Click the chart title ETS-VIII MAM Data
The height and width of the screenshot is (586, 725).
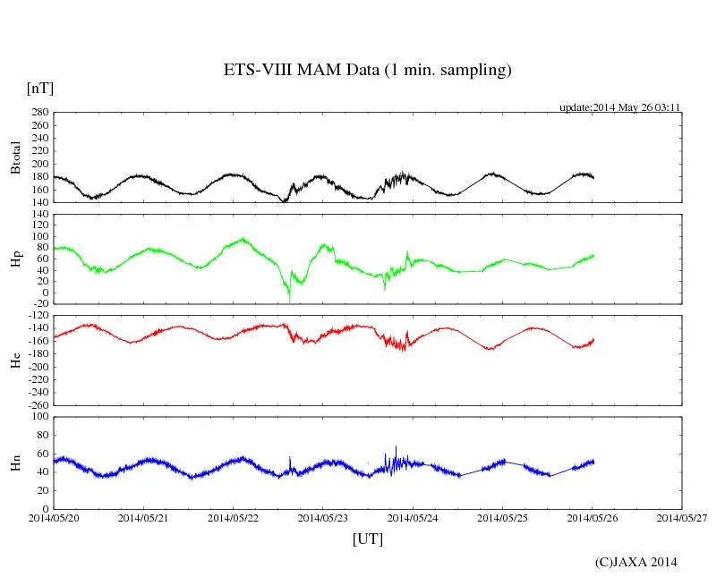pos(367,71)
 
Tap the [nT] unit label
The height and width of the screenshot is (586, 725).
pos(40,89)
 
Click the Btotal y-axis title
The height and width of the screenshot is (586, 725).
pos(15,157)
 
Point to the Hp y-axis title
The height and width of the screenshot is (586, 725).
pos(15,259)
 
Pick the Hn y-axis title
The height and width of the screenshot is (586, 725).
pos(15,462)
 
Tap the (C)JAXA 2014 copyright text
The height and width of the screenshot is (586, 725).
pos(636,562)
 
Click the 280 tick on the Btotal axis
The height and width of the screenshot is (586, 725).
pos(39,113)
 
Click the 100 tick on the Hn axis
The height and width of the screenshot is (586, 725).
pos(39,416)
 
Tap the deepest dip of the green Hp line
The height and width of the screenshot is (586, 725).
pos(289,300)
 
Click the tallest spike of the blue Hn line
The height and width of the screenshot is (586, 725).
pos(396,446)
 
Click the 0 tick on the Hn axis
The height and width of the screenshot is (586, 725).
pos(45,509)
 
